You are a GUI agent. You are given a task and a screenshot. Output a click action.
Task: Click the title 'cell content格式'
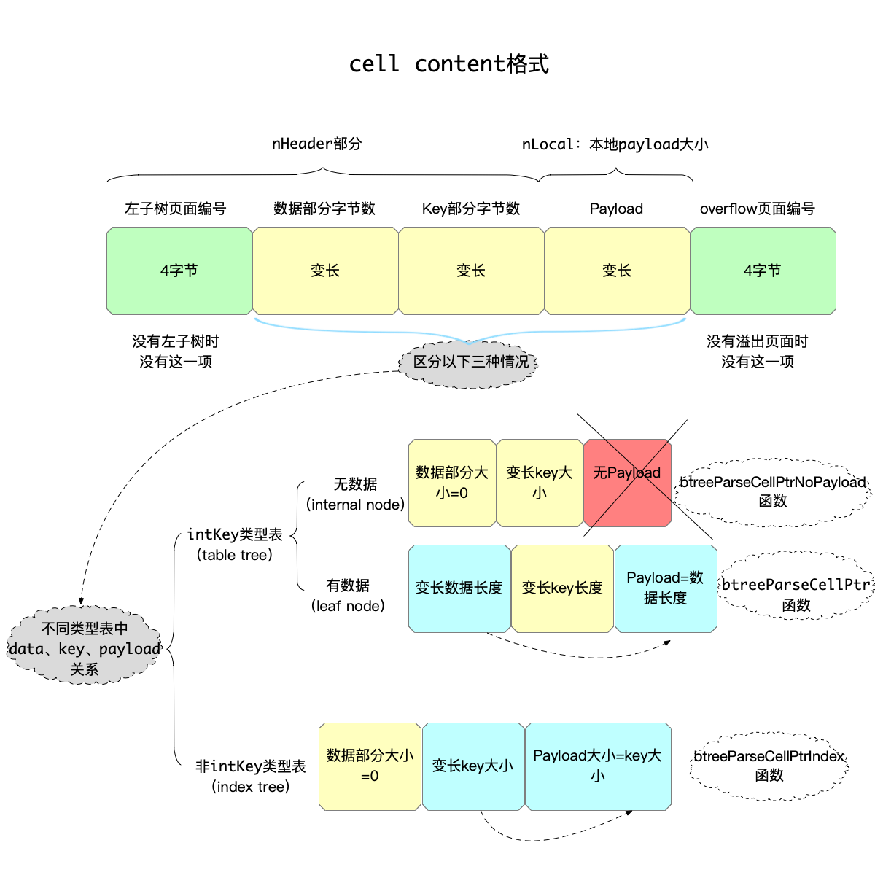448,64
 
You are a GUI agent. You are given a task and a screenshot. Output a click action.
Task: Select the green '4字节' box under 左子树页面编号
179,271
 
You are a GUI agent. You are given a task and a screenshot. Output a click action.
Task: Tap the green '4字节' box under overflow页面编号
763,271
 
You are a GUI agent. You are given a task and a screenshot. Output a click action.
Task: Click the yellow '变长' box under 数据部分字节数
325,271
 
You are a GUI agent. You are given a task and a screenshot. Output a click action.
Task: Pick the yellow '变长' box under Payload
617,271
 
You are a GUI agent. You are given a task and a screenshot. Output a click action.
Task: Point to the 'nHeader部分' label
316,144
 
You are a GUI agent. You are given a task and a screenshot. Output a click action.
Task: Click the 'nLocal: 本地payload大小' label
615,144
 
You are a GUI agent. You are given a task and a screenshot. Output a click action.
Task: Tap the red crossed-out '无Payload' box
627,482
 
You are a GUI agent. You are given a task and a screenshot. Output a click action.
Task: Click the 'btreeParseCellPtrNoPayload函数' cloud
772,491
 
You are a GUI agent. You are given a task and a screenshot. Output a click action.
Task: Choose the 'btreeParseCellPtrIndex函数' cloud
769,765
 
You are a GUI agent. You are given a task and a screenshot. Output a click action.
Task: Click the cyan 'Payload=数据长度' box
666,588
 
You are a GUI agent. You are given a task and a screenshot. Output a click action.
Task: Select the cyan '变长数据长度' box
459,588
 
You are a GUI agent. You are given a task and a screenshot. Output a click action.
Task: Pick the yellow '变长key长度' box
562,588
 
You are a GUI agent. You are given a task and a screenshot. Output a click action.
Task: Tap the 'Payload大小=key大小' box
598,766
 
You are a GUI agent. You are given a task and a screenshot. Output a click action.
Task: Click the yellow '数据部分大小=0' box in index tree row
370,766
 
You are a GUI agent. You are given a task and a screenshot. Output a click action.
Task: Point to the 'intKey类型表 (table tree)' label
235,544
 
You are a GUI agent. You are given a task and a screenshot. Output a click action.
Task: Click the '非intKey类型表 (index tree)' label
250,776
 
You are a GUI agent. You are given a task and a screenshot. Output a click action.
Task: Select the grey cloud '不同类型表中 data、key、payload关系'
85,648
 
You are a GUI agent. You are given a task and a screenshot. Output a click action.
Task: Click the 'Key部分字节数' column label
471,209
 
